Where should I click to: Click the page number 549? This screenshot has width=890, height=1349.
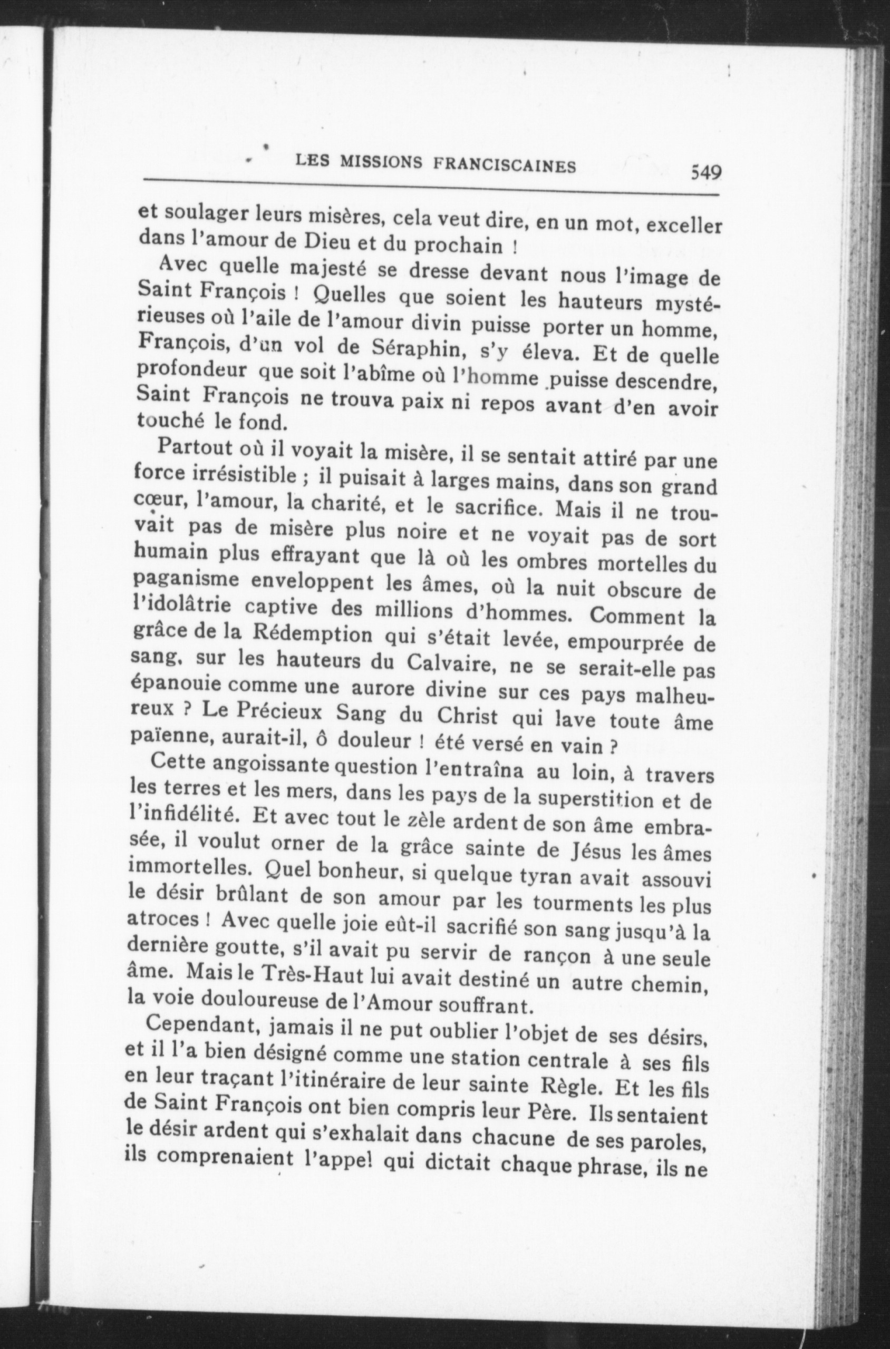705,171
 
